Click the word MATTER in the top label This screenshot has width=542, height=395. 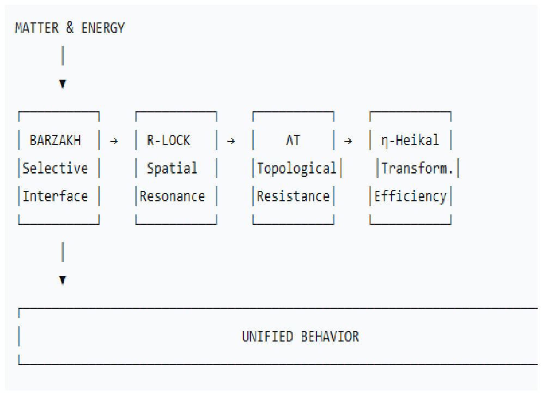tap(36, 28)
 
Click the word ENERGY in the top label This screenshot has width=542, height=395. tap(103, 28)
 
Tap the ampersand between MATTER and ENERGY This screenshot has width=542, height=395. tap(70, 28)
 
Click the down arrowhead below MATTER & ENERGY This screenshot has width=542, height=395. tap(63, 84)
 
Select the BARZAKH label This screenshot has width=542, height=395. tap(56, 140)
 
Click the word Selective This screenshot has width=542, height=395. tap(56, 168)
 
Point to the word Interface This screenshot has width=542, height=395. tap(56, 196)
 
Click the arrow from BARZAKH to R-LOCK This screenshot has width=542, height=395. tap(114, 141)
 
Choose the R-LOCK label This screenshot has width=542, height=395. tap(169, 140)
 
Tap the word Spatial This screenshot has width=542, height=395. tap(172, 168)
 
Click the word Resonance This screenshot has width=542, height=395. tap(172, 196)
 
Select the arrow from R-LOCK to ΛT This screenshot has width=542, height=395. tap(231, 141)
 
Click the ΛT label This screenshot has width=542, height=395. tap(293, 140)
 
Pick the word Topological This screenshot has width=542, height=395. tap(296, 169)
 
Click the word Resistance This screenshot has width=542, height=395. tap(293, 196)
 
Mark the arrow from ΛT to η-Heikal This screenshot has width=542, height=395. tap(348, 141)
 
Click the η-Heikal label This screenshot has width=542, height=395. tap(410, 141)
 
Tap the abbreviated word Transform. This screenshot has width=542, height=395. tap(417, 168)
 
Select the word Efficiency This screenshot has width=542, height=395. tap(410, 196)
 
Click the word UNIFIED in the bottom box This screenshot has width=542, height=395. tap(267, 337)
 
